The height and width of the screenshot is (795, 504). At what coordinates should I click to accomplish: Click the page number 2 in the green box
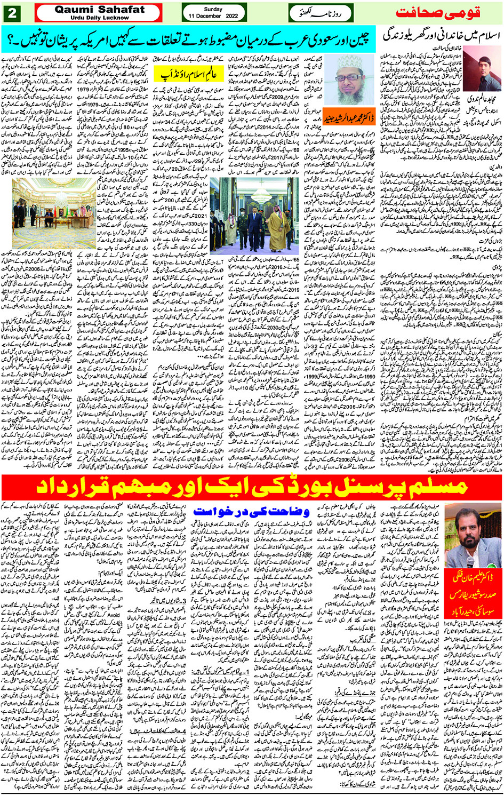tap(12, 13)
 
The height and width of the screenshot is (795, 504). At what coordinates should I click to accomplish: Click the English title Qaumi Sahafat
tap(99, 9)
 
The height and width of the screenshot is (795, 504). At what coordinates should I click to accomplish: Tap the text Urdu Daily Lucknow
tap(99, 18)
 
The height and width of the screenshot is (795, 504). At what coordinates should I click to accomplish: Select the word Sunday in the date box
tap(213, 9)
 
